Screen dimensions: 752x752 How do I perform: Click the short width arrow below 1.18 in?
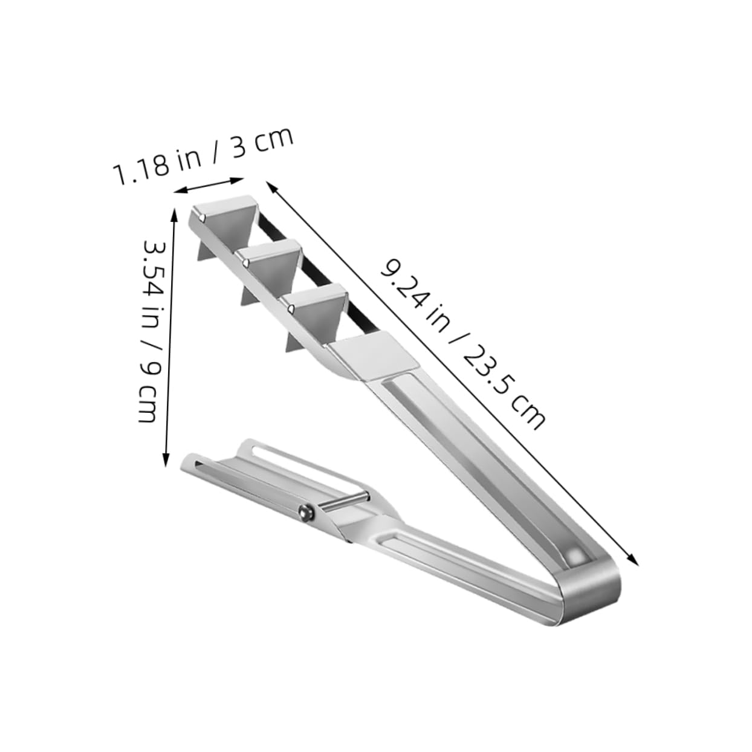click(x=209, y=186)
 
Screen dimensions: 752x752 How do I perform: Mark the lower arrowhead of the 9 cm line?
click(x=165, y=462)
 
